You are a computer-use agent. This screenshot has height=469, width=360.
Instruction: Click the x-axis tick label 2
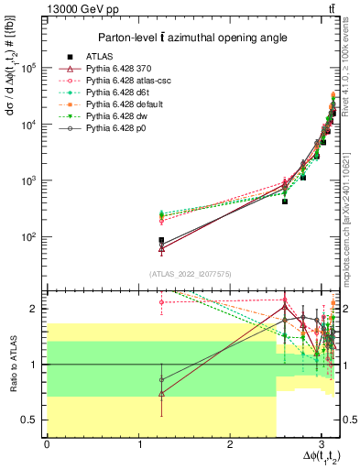[x=230, y=444]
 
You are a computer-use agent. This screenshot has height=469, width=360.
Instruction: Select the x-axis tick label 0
[x=47, y=444]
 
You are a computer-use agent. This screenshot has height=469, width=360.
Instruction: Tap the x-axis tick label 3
[x=321, y=444]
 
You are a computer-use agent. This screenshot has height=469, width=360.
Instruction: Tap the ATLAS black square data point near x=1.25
[x=161, y=240]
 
